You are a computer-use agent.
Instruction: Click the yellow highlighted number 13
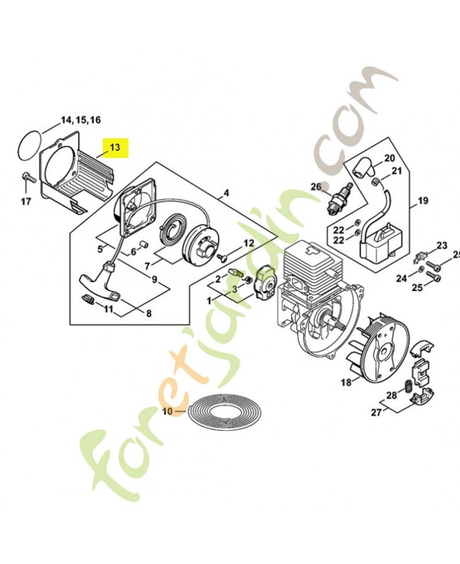tap(115, 147)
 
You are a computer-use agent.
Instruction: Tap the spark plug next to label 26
tap(341, 197)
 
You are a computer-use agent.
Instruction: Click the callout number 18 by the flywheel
tap(346, 382)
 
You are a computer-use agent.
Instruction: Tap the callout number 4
tap(226, 193)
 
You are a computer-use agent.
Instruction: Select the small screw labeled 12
tap(222, 257)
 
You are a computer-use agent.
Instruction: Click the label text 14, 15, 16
tap(80, 120)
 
